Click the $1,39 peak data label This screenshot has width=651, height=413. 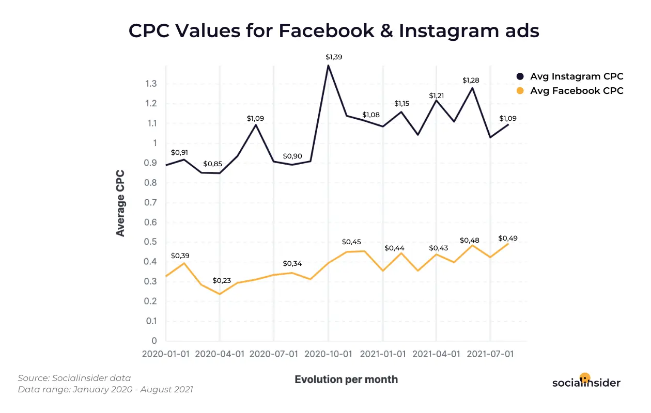[x=334, y=57]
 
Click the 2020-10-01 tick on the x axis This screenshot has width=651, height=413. [x=328, y=355]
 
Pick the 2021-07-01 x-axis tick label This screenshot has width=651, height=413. [x=490, y=355]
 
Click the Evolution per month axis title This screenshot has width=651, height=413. [x=346, y=379]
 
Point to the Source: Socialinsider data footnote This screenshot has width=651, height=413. [x=74, y=378]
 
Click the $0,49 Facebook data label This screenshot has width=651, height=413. [x=508, y=238]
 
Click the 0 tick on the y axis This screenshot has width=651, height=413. [x=153, y=341]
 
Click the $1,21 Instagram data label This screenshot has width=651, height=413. [x=437, y=96]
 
